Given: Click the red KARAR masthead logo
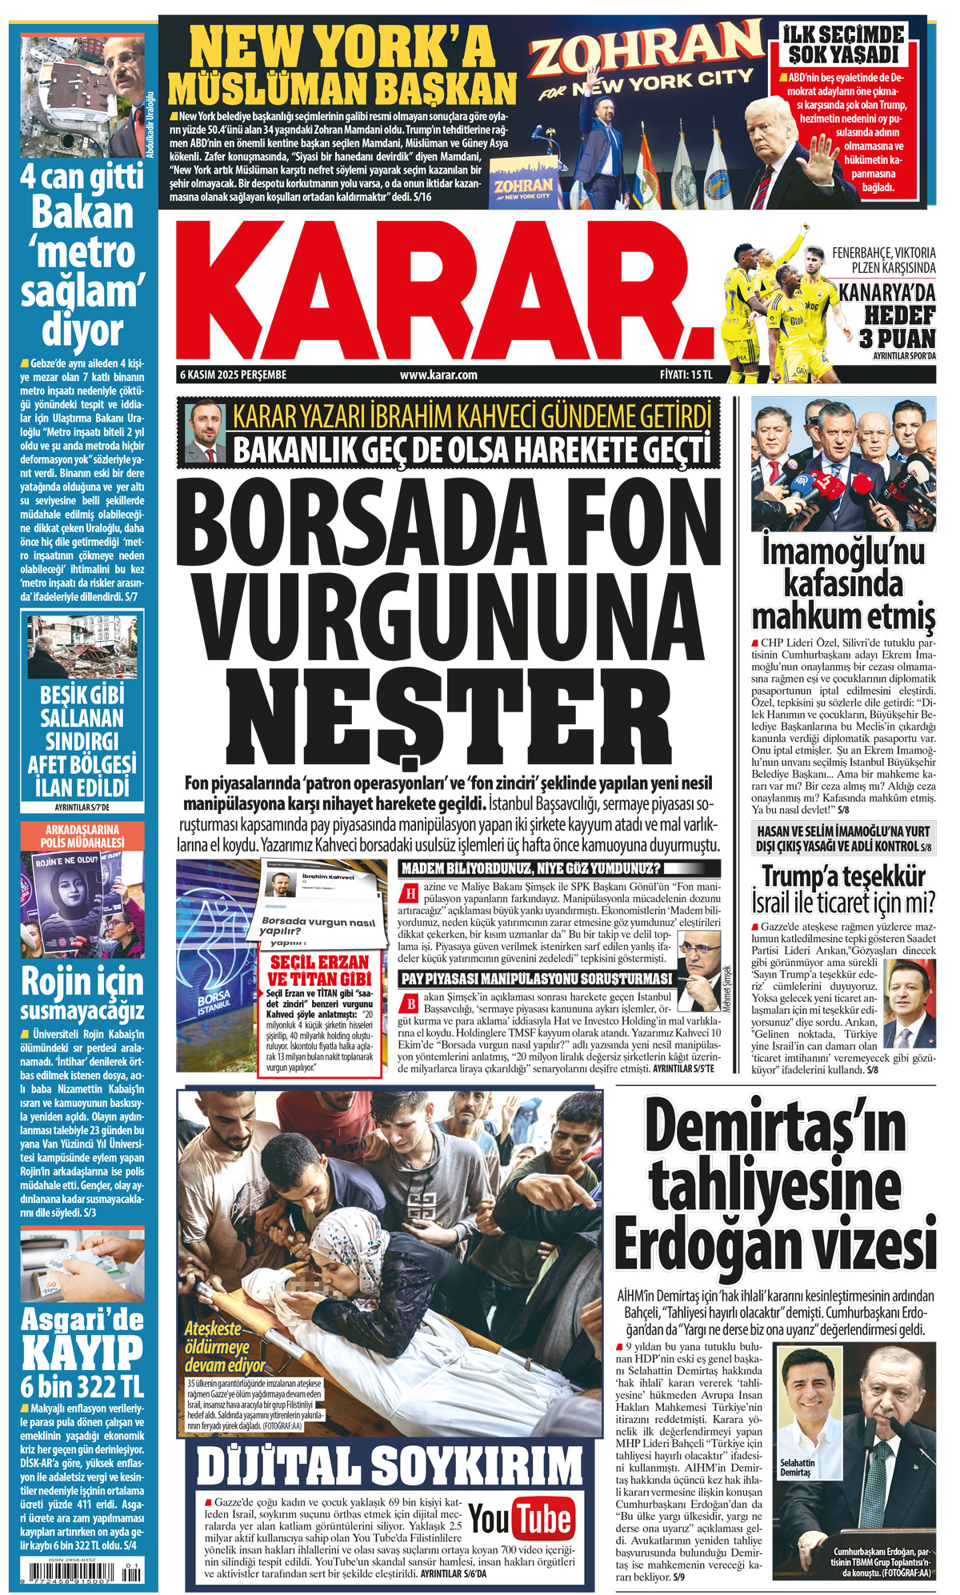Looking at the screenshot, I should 444,292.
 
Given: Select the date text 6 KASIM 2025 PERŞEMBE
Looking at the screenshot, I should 234,375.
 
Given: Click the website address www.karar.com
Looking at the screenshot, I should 438,375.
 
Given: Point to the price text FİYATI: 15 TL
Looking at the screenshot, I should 686,375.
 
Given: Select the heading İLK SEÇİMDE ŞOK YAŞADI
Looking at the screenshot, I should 846,45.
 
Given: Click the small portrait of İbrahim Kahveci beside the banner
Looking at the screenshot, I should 205,432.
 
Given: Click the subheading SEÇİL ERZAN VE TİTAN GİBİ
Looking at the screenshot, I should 320,970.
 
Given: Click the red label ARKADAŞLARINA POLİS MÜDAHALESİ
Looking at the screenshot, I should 82,836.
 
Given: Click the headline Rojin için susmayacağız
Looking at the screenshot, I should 82,993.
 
